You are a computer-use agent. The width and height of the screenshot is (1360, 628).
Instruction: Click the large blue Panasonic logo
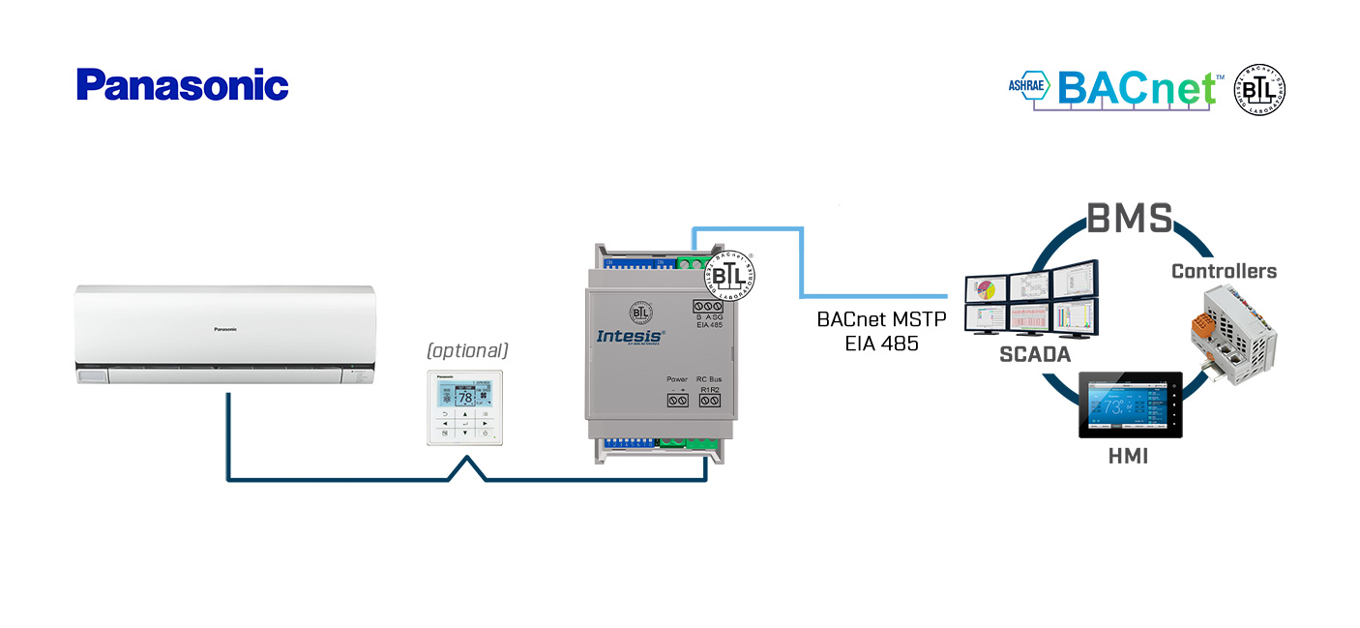(x=183, y=85)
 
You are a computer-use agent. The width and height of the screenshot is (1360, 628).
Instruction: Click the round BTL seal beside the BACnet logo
(x=1259, y=91)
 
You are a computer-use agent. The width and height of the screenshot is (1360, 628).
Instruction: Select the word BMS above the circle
(x=1130, y=219)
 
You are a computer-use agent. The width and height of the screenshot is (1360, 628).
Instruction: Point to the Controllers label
(x=1224, y=271)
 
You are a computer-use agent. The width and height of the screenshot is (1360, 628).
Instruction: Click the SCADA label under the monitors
(x=1035, y=355)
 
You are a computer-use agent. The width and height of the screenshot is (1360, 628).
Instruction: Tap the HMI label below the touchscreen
(x=1128, y=456)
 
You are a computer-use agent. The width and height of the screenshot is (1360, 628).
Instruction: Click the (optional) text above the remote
(x=468, y=350)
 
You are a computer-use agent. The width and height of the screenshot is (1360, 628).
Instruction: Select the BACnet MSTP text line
(x=880, y=318)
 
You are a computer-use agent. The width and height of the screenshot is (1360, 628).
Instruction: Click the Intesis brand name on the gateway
(x=630, y=336)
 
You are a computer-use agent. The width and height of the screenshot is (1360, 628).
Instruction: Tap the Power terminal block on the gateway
(x=677, y=400)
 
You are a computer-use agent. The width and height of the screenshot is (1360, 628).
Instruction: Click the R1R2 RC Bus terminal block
(x=710, y=400)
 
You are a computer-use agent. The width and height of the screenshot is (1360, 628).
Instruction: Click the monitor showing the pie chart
(x=985, y=289)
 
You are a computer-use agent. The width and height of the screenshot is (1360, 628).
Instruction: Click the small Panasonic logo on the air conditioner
(x=225, y=330)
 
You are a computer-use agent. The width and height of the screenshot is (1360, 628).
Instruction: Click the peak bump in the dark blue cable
(x=467, y=461)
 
